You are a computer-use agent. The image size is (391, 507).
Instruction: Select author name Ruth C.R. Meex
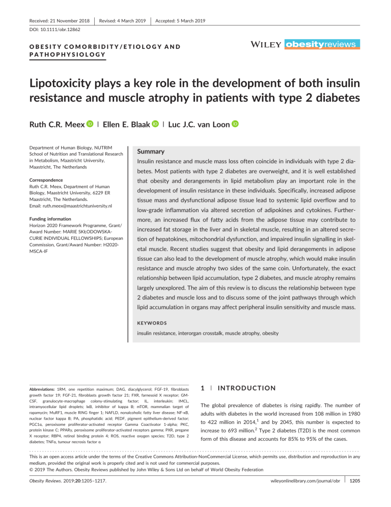click(x=51, y=125)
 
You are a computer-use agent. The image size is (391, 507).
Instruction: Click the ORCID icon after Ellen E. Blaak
click(x=155, y=125)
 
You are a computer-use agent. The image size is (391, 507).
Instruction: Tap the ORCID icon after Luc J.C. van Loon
click(x=235, y=125)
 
